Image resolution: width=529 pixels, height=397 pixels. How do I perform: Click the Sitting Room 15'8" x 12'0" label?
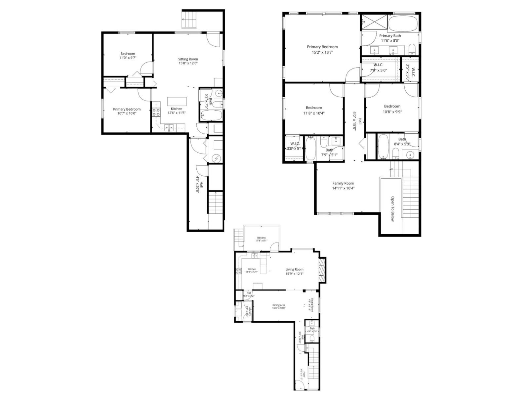[188, 61]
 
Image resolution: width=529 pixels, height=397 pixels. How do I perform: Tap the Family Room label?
[343, 183]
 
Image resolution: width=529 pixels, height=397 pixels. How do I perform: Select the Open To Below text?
[392, 209]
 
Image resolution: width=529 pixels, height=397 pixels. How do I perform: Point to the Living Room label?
[294, 269]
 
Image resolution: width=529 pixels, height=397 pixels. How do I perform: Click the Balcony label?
[261, 238]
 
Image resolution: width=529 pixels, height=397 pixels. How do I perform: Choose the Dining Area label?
[279, 305]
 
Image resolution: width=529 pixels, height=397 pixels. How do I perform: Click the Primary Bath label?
[390, 36]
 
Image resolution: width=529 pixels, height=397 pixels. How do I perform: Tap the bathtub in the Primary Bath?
[403, 23]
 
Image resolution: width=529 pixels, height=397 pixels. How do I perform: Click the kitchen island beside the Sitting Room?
[177, 101]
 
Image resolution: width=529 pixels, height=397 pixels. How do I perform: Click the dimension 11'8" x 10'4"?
[314, 113]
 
